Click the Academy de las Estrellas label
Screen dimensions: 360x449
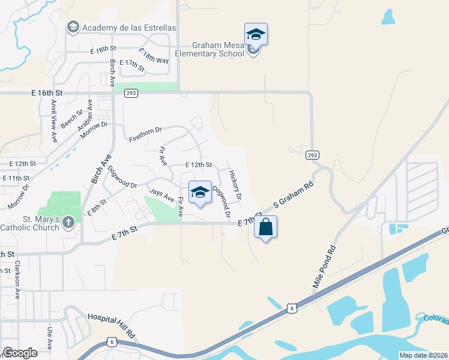point(129,28)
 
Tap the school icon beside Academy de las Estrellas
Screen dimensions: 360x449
point(73,27)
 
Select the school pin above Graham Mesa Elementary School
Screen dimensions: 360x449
point(256,34)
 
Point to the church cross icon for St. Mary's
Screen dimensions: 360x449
point(68,223)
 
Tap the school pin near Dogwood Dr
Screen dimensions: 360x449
point(200,193)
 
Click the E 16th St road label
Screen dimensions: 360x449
point(47,93)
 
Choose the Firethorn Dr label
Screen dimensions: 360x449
point(146,134)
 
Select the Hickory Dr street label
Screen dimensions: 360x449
point(235,184)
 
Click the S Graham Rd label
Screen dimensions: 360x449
point(294,196)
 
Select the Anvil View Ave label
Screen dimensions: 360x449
point(53,121)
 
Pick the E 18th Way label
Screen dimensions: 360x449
point(154,56)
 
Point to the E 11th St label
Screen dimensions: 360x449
point(16,178)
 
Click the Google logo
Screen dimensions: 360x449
point(20,353)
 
